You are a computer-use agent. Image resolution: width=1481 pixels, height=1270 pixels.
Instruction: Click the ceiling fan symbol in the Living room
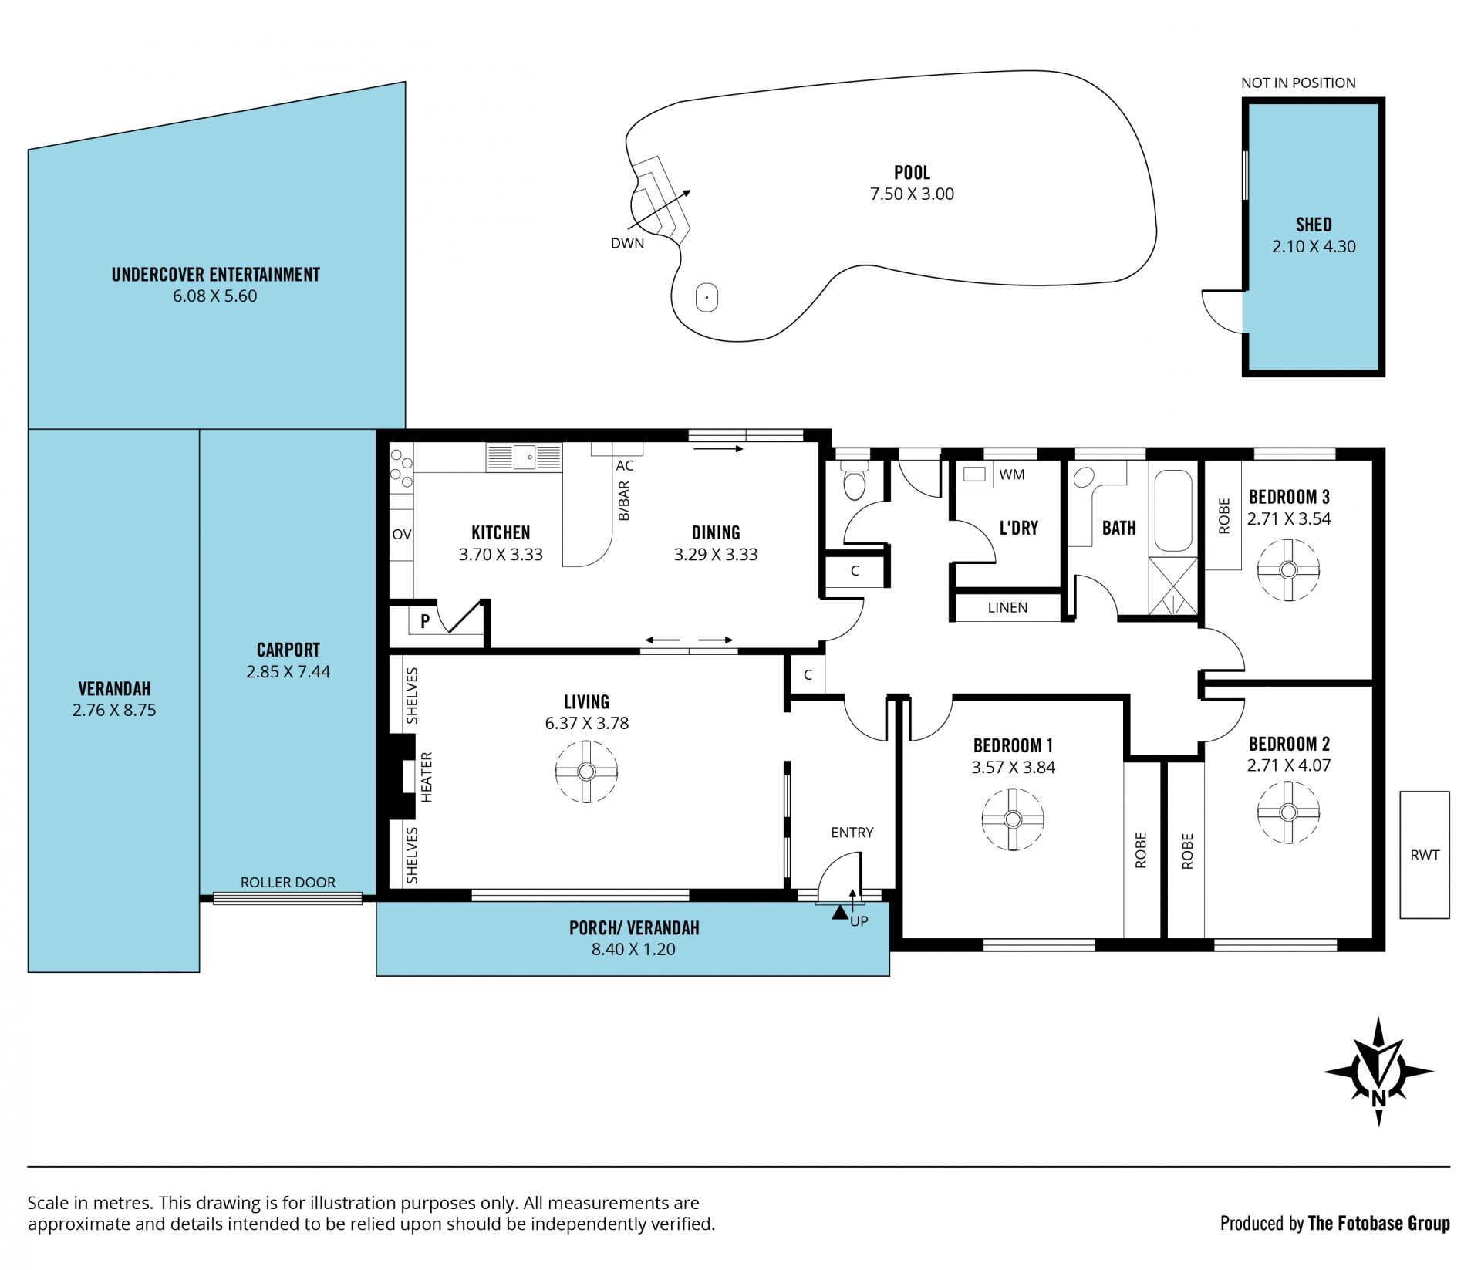pos(586,771)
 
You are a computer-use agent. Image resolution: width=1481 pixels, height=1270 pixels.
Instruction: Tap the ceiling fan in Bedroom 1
pos(1013,819)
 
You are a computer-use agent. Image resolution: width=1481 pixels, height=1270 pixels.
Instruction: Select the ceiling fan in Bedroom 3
pos(1288,569)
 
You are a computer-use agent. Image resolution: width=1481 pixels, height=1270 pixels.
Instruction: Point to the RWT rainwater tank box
pos(1425,854)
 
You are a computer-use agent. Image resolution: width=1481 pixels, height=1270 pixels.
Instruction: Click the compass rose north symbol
pos(1378,1072)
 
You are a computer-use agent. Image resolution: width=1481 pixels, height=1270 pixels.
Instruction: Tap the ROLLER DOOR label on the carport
pos(288,882)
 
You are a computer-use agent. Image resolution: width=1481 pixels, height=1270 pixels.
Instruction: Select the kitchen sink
pos(524,457)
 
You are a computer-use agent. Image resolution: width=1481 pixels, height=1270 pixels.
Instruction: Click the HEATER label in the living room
pos(427,777)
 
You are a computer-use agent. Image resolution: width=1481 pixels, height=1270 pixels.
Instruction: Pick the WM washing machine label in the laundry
pos(1011,475)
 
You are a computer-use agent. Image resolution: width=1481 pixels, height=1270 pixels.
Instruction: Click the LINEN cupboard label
pos(1007,607)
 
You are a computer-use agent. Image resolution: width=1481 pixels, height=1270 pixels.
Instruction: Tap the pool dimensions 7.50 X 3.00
pos(912,194)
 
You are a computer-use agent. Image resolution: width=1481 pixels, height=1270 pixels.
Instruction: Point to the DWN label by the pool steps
pos(627,243)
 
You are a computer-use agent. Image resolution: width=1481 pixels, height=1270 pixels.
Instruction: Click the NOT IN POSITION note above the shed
pos(1298,83)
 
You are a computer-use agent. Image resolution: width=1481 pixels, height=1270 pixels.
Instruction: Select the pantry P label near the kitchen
pos(425,621)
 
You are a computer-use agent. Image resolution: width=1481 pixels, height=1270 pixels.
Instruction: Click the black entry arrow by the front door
pos(839,912)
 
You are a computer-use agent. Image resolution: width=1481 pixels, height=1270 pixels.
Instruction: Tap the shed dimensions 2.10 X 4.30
pos(1314,246)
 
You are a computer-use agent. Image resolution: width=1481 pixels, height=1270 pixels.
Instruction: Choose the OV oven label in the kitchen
pos(402,534)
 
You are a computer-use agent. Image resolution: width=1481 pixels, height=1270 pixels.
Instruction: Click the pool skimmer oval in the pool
pos(707,297)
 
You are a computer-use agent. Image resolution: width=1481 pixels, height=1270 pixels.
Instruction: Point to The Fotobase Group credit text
pos(1379,1223)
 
